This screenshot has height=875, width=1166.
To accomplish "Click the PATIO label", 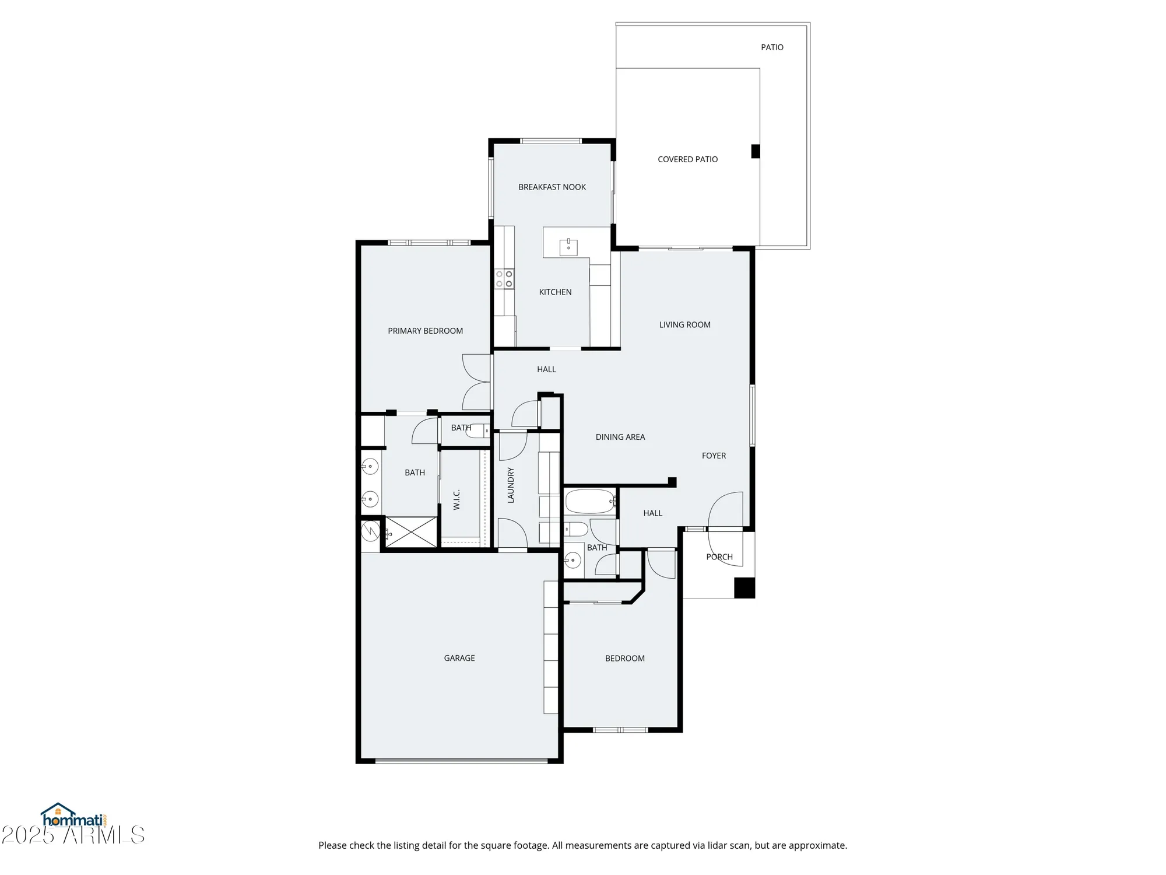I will (x=772, y=47).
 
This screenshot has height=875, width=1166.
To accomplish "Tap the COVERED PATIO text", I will (x=687, y=159).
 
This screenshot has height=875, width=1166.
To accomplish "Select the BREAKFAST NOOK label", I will (x=552, y=187).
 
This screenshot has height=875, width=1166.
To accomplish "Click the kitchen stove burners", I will (x=504, y=279).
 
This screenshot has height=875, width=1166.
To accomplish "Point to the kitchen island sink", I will (x=568, y=247).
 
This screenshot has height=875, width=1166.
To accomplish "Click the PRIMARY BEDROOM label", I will (x=425, y=331).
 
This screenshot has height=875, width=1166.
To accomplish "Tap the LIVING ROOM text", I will (x=684, y=325).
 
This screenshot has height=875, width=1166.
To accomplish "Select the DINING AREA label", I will (x=620, y=437).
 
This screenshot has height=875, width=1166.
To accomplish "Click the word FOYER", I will (x=714, y=456).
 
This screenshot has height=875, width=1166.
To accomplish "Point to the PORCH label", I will (x=719, y=557).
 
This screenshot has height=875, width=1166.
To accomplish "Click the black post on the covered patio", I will (x=755, y=151).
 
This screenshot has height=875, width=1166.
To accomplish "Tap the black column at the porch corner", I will (x=744, y=587).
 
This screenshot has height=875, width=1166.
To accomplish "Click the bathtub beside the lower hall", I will (x=589, y=502).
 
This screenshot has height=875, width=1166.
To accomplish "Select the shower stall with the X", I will (x=411, y=532).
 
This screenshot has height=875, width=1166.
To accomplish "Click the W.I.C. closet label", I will (x=456, y=499).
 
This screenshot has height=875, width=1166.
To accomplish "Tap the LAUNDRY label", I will (x=511, y=485).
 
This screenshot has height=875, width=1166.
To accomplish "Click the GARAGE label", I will (x=459, y=658).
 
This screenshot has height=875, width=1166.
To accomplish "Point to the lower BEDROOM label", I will (x=624, y=659).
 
